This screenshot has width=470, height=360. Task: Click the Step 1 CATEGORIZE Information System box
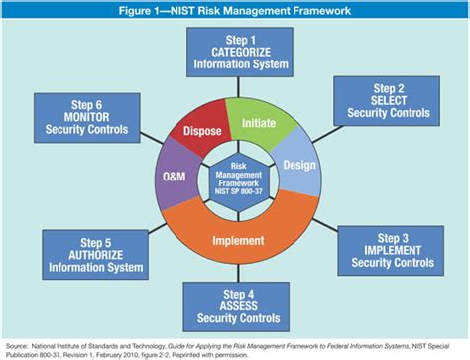(242, 52)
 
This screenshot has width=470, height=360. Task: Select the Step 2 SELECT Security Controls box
(385, 100)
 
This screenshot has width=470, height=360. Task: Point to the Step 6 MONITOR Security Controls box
(84, 116)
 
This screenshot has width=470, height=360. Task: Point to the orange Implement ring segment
(238, 238)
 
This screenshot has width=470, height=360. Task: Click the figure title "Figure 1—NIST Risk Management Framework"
(234, 11)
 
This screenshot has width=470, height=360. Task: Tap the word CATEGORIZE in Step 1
(242, 52)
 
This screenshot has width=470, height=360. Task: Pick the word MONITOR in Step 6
(84, 116)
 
